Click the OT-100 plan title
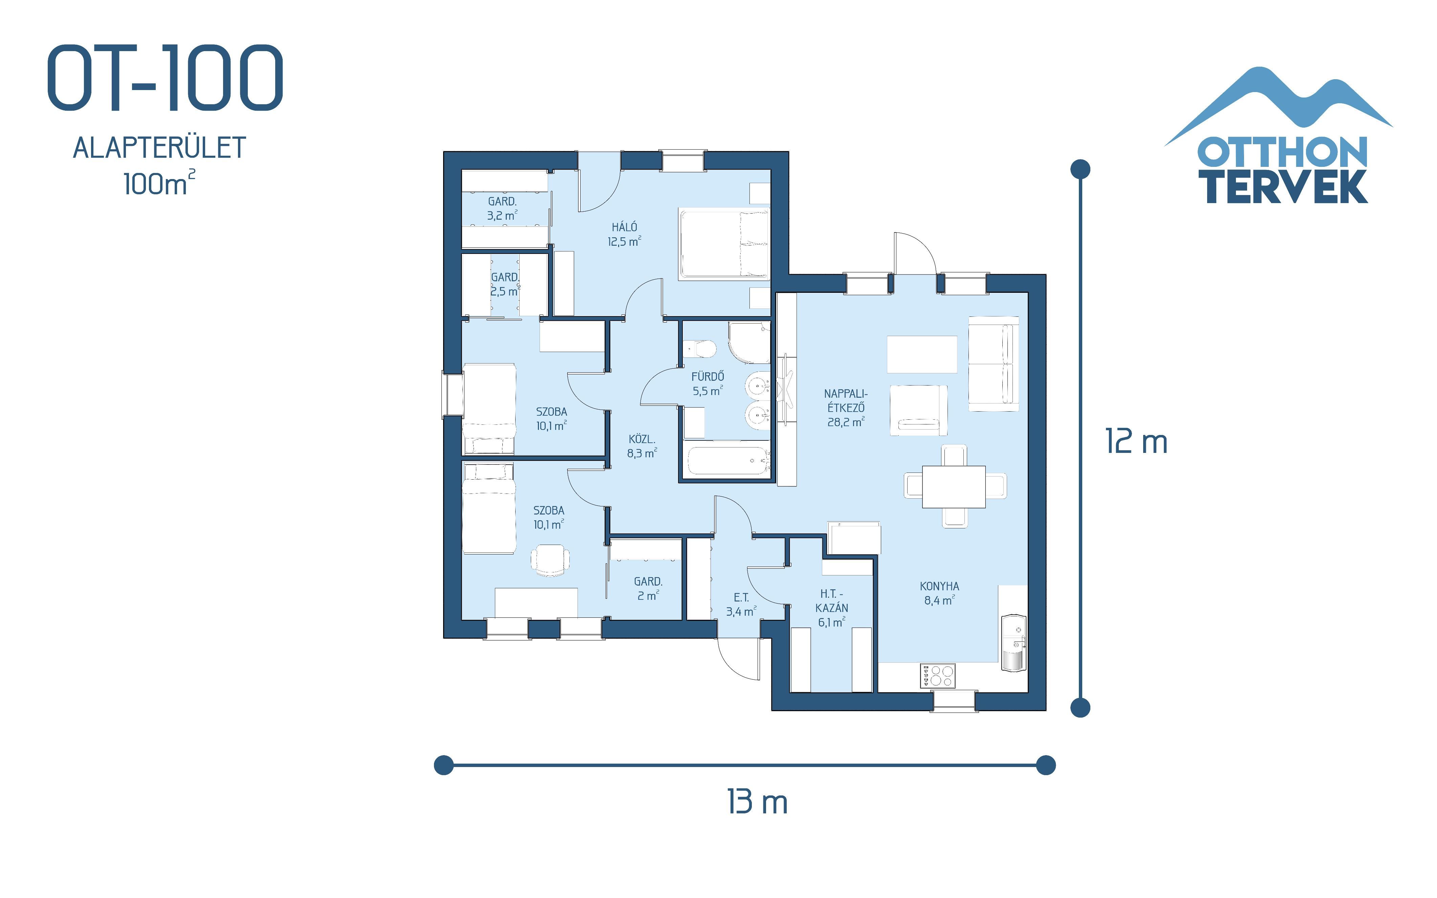click(x=165, y=78)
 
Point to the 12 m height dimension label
click(x=1136, y=442)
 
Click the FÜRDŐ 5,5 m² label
click(x=707, y=384)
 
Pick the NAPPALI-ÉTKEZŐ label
click(x=846, y=408)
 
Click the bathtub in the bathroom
click(x=727, y=461)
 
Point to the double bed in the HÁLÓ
click(x=724, y=243)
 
